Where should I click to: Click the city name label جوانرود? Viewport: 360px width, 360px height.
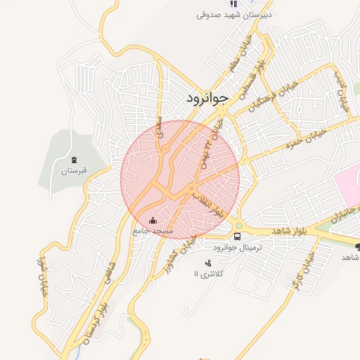(x=207, y=98)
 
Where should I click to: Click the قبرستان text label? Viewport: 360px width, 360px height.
(x=74, y=171)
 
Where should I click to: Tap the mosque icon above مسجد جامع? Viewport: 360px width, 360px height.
(x=154, y=221)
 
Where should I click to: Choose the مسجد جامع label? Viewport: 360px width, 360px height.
(x=153, y=231)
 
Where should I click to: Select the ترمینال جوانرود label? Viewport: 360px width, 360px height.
(x=236, y=248)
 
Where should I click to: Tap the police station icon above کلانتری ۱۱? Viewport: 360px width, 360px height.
(x=207, y=263)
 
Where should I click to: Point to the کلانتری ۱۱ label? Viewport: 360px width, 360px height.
(x=207, y=274)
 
